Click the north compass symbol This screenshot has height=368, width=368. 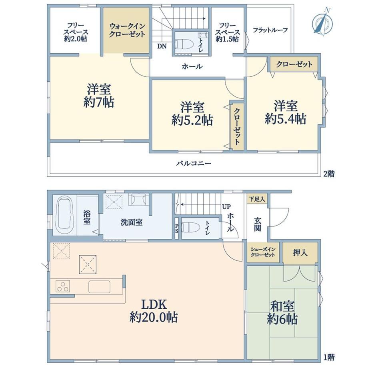(x=323, y=22)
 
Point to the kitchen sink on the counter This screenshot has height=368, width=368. (x=99, y=286)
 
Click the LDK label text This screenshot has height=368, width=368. (x=154, y=304)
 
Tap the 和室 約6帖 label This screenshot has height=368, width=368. (x=282, y=313)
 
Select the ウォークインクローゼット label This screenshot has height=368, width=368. (x=127, y=30)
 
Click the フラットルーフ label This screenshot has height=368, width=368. (x=270, y=30)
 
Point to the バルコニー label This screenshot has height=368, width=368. (x=194, y=163)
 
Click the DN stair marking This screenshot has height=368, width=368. (x=162, y=46)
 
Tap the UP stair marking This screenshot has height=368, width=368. (x=226, y=206)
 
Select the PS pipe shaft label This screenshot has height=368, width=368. (x=177, y=228)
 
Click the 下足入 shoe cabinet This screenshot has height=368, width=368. (x=257, y=199)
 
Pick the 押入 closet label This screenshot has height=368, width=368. (x=300, y=252)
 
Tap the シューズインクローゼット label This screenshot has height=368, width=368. (x=263, y=252)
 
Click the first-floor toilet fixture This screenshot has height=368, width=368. (x=190, y=228)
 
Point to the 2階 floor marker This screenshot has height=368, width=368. (x=329, y=174)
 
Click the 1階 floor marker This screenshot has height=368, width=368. (x=329, y=357)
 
